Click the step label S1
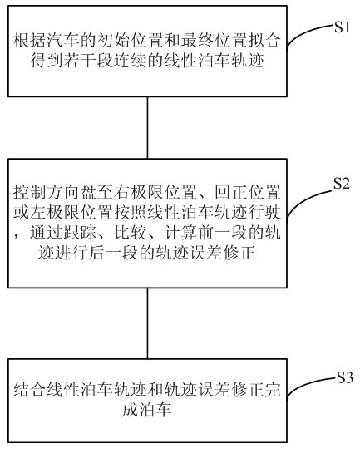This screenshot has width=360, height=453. pos(343,27)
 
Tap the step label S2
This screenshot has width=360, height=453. pos(342,183)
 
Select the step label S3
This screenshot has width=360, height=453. pos(345,377)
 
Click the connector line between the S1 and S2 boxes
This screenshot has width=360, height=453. pos(148,127)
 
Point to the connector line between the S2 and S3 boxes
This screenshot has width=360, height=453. pos(148,323)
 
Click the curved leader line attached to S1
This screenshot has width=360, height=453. pos(304,32)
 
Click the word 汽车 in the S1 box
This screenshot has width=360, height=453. pos(63,40)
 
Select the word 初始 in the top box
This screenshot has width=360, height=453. pos(114,40)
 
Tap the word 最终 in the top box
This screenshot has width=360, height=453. pos(198,40)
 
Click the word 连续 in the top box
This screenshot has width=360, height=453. pos(130,61)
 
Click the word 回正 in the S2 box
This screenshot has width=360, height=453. pos(231,192)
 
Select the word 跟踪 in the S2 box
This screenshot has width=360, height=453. pos(80,233)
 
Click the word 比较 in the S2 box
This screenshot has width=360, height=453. pos(131,233)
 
